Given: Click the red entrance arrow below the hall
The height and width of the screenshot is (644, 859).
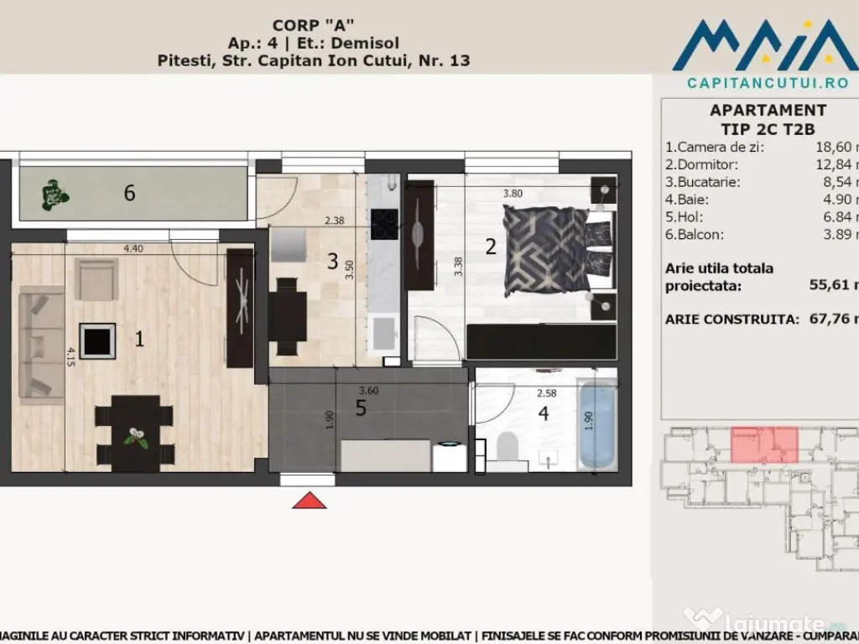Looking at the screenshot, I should pos(310,501).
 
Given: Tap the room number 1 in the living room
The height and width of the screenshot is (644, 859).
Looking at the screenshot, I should pos(139,339).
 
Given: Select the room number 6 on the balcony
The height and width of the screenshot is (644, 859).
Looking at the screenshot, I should pos(129,193).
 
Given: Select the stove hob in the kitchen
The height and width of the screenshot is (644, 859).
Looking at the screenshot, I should pos(384,224).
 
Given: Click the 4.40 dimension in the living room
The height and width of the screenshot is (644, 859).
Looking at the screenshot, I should pos(133,248).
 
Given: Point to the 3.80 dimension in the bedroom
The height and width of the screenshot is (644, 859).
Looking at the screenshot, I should pos(513,194).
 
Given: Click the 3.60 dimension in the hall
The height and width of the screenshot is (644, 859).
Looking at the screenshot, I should pos(368,390).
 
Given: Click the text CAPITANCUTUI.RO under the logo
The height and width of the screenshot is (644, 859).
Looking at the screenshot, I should pos(756,83).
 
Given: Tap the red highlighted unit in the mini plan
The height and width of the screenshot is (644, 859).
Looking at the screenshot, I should pos(763,444).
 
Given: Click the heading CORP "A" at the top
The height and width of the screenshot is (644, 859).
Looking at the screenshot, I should pos(313,25).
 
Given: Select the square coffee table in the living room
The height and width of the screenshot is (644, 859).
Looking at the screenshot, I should pos(99,340).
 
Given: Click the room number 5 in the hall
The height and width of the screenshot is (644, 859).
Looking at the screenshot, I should pos(361,408).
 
